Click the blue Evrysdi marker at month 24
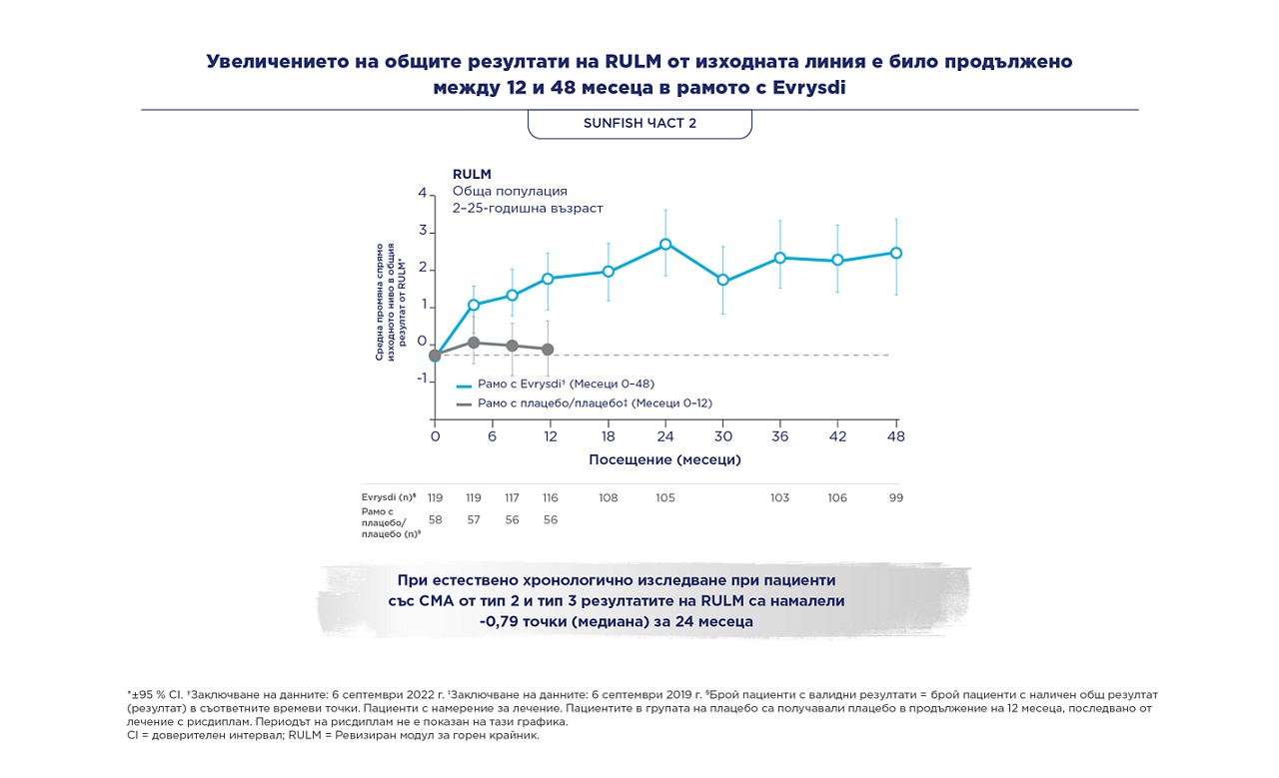tap(665, 245)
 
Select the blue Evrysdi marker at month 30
tap(722, 280)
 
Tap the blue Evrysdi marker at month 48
tap(896, 253)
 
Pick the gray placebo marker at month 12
tap(548, 349)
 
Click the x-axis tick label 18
tap(609, 436)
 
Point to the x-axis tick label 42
tap(837, 436)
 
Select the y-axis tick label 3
tap(423, 231)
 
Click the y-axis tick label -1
tap(422, 379)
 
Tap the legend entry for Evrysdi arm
tap(556, 385)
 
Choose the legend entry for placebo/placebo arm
tap(585, 403)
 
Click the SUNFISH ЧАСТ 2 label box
tap(639, 124)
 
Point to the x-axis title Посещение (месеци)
tap(664, 459)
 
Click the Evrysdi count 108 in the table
tap(609, 497)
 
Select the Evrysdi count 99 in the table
tap(896, 497)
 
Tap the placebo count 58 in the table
tap(435, 519)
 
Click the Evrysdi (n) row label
tap(389, 497)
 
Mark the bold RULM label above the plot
tap(472, 174)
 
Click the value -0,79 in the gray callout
tap(499, 621)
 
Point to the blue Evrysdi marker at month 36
tap(780, 258)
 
